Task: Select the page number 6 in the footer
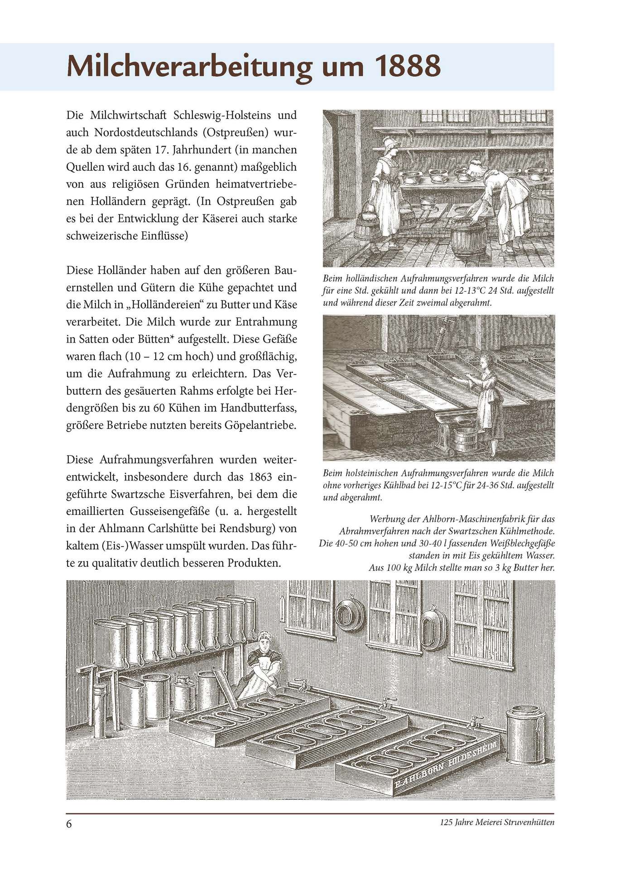tap(69, 823)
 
